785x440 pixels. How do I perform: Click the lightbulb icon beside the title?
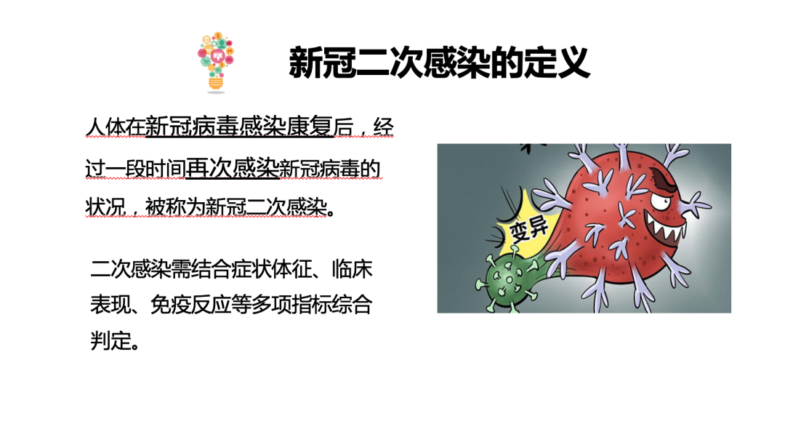(x=217, y=63)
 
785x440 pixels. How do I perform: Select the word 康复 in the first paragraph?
(x=310, y=127)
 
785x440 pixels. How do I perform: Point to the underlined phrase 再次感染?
(x=232, y=169)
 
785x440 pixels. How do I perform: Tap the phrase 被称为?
(x=175, y=206)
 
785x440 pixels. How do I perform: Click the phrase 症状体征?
(x=271, y=269)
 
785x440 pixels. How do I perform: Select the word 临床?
(x=352, y=269)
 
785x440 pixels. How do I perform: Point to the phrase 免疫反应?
(x=190, y=305)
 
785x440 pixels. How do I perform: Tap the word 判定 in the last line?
(x=110, y=341)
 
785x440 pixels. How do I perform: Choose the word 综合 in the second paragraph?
(x=352, y=305)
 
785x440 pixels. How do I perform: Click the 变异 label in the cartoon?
(x=528, y=229)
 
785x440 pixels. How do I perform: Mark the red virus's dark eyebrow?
(x=664, y=180)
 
